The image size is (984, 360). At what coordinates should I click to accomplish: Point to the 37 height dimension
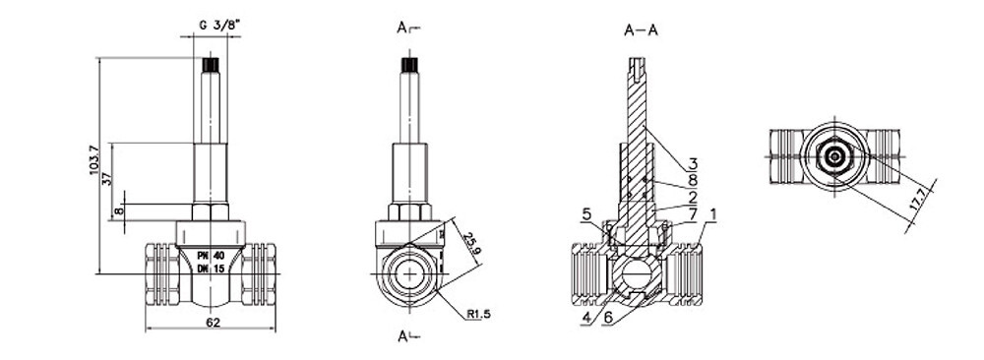click(104, 175)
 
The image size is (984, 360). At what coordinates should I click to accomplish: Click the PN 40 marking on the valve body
click(210, 255)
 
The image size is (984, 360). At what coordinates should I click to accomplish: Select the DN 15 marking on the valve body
click(210, 269)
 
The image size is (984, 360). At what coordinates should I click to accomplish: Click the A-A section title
click(641, 30)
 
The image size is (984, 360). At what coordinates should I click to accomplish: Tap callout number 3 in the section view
click(692, 163)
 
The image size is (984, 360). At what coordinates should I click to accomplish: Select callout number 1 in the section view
click(713, 212)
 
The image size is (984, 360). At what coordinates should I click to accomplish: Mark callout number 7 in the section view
click(692, 212)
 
